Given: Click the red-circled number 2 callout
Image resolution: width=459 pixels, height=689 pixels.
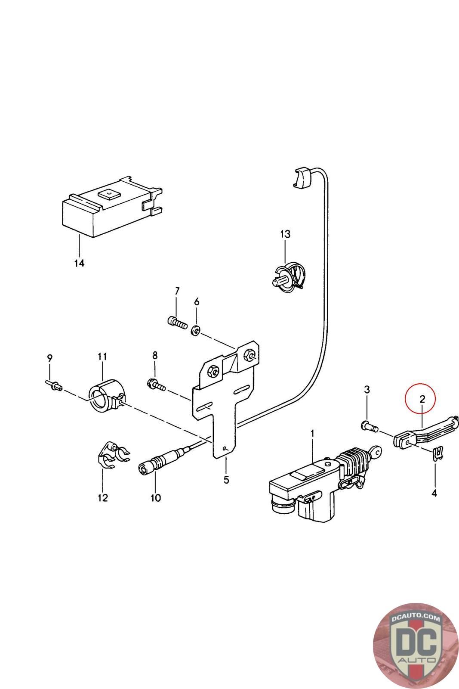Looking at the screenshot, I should [422, 399].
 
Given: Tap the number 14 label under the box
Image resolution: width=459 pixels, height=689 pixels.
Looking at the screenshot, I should [79, 263].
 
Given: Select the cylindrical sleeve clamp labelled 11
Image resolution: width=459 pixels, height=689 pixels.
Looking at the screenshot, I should [106, 394].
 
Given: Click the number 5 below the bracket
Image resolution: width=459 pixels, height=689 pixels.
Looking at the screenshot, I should [226, 480].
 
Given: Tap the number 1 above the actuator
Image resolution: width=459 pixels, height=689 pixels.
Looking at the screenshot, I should [313, 432].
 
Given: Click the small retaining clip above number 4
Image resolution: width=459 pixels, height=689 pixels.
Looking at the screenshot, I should [437, 453].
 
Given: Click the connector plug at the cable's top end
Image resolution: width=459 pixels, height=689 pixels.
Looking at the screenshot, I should [302, 178].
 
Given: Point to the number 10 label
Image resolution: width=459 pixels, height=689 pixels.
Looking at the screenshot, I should [156, 498].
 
